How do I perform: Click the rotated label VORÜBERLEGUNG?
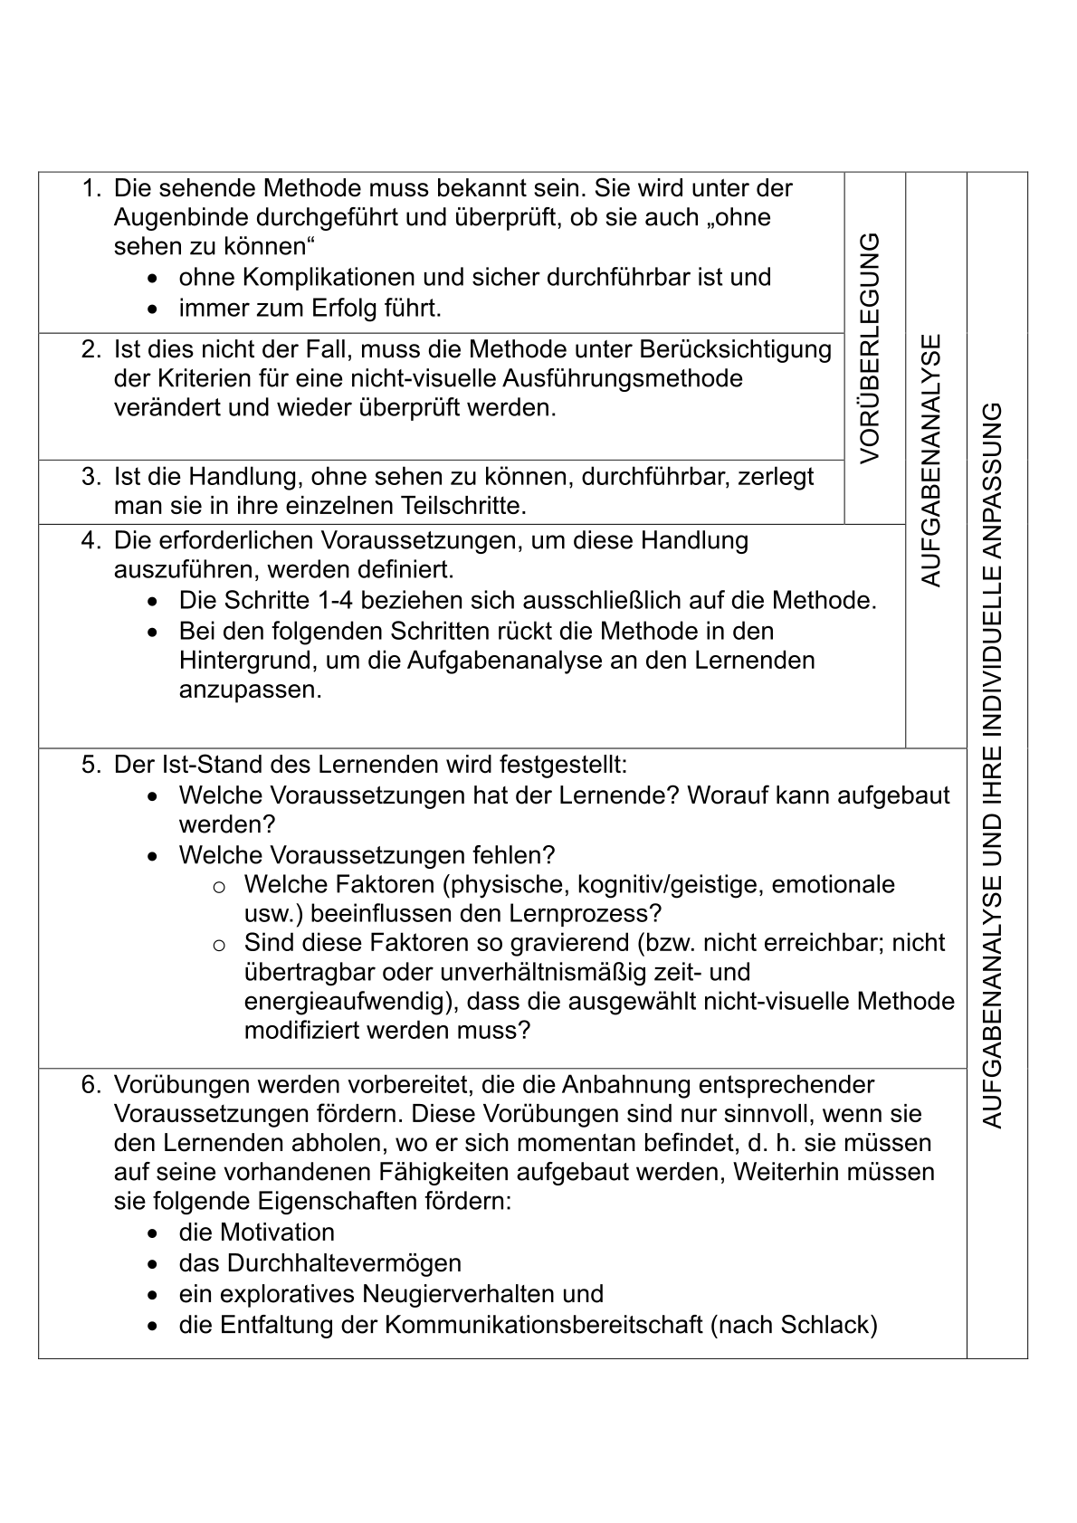(x=870, y=348)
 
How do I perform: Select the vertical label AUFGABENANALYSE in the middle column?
(x=931, y=461)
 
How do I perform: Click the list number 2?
(x=91, y=349)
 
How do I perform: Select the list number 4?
(x=91, y=541)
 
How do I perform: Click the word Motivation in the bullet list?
(x=277, y=1233)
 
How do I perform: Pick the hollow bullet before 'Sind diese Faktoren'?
(x=218, y=945)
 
